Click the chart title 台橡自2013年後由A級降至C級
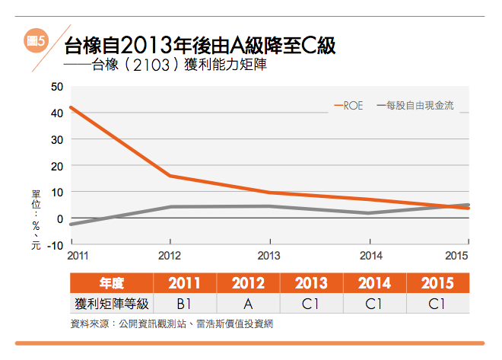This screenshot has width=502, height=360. point(200,45)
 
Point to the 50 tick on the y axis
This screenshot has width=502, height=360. point(56,86)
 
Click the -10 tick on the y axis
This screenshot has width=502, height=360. point(55,245)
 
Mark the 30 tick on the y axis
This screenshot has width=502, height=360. point(56,139)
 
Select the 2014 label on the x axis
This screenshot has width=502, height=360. point(370,255)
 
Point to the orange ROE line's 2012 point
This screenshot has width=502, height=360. point(170,176)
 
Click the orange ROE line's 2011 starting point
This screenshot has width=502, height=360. point(70,107)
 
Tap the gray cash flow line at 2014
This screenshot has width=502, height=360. point(369,213)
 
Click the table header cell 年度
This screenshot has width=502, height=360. point(111,284)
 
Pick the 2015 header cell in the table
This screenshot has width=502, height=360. point(437,284)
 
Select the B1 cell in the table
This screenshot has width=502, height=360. point(184,303)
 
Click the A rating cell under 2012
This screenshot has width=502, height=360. point(248,303)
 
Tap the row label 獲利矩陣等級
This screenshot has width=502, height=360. point(111,303)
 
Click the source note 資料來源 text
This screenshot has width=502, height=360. point(170,323)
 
